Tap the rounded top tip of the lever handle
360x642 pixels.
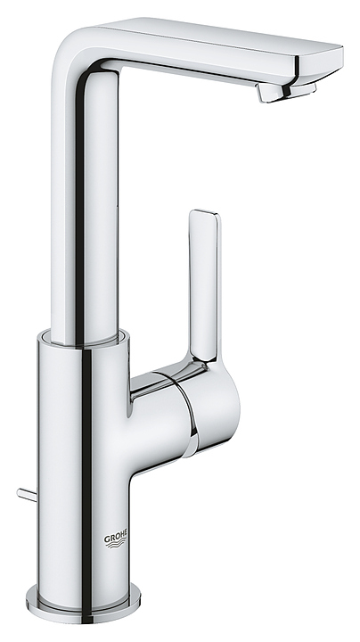204,217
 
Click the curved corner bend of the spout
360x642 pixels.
94,45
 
